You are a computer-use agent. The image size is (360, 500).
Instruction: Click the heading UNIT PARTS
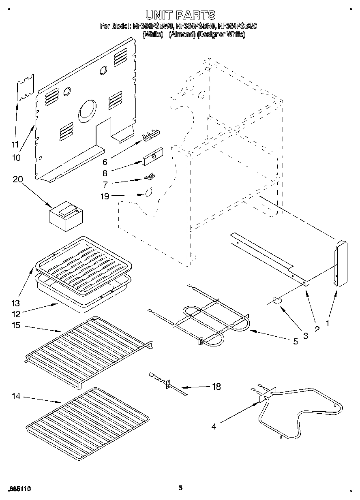click(x=180, y=15)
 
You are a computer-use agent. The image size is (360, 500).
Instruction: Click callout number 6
click(x=105, y=162)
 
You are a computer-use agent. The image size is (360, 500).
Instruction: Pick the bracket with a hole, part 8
click(x=152, y=156)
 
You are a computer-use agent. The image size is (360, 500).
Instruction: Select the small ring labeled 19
click(x=149, y=192)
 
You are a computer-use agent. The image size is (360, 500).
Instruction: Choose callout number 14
click(x=16, y=396)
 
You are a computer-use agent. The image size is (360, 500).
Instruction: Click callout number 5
click(x=295, y=341)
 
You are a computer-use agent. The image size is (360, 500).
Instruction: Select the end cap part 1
click(x=341, y=263)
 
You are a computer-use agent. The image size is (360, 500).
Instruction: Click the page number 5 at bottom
click(x=180, y=488)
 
